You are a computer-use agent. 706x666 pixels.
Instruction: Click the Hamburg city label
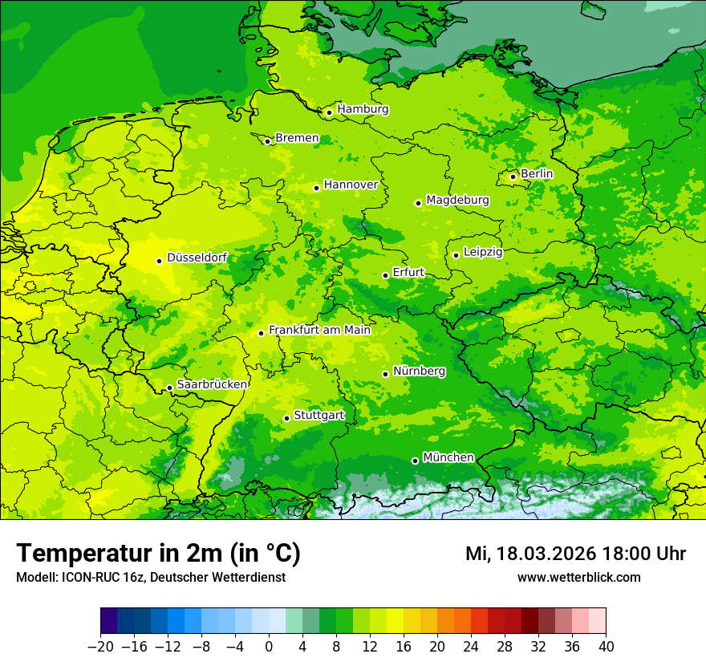363,109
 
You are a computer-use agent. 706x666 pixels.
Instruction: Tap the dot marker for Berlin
513,177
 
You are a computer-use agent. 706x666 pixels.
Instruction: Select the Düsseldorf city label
197,258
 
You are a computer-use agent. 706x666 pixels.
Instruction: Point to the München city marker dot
415,461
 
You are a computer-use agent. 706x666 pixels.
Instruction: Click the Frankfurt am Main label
319,330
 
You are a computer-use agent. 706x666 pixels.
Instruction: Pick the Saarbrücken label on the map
212,385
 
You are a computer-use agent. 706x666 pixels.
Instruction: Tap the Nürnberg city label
419,372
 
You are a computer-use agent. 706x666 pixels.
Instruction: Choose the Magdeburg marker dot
418,203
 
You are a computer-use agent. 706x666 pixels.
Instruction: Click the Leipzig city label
483,252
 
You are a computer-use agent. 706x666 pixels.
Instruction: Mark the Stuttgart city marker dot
286,418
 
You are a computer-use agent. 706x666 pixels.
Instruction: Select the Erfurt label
408,273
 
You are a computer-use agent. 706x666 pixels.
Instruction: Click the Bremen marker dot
267,141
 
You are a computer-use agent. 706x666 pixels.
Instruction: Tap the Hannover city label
351,185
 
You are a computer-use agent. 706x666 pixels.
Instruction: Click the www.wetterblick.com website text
578,578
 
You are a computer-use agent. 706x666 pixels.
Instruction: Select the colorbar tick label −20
100,647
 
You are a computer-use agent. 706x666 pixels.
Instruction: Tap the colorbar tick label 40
606,647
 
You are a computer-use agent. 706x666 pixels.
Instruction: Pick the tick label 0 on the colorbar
269,647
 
